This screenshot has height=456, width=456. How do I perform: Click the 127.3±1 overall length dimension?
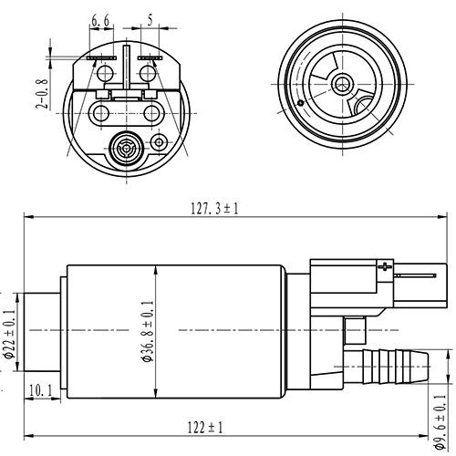[x=214, y=208]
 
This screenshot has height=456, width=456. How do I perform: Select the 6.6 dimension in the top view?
[x=101, y=17]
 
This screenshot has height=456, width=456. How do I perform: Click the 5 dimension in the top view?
[x=150, y=17]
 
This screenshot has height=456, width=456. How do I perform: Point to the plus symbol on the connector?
[x=384, y=267]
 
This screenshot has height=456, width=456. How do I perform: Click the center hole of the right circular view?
[x=342, y=84]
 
